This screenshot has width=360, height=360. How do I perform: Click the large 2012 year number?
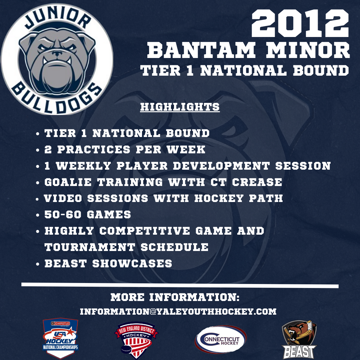tap(300, 23)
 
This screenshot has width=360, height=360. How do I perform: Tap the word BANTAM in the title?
tap(201, 51)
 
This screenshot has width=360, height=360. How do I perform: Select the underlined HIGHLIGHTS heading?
tap(180, 107)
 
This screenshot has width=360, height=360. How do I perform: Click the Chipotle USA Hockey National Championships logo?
tap(60, 338)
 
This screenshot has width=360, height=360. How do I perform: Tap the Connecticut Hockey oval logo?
tap(221, 339)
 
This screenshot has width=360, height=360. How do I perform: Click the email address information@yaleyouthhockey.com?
tap(178, 312)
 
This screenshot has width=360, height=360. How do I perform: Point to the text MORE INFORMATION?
tap(175, 297)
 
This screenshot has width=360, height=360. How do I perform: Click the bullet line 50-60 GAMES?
tap(87, 215)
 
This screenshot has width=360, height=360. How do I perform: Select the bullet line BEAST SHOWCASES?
tap(108, 264)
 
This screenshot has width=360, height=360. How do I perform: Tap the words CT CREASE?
tap(246, 182)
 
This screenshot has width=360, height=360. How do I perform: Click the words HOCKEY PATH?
tap(239, 198)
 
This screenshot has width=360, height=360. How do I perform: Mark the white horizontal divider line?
tap(180, 285)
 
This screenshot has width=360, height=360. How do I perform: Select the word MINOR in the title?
tap(308, 51)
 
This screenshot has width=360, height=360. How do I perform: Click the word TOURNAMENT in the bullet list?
tap(90, 247)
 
